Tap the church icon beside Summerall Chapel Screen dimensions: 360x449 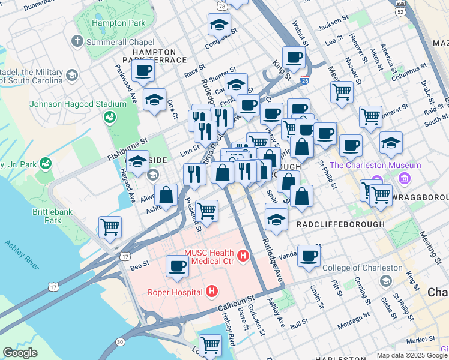point(76,42)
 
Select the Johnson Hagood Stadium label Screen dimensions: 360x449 point(78,103)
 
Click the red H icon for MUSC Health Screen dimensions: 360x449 point(243,256)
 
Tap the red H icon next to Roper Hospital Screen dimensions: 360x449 point(211,292)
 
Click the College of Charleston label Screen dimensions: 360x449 point(362,268)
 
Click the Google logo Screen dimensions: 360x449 point(20,353)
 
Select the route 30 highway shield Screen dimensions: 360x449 point(121,341)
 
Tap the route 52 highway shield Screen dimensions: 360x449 point(400,11)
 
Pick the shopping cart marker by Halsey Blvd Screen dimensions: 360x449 point(210,344)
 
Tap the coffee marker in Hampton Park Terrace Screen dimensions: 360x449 point(143,70)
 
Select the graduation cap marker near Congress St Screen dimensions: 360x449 point(219,25)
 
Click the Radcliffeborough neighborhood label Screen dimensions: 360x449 point(340,224)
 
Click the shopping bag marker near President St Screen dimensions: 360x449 point(166,195)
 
